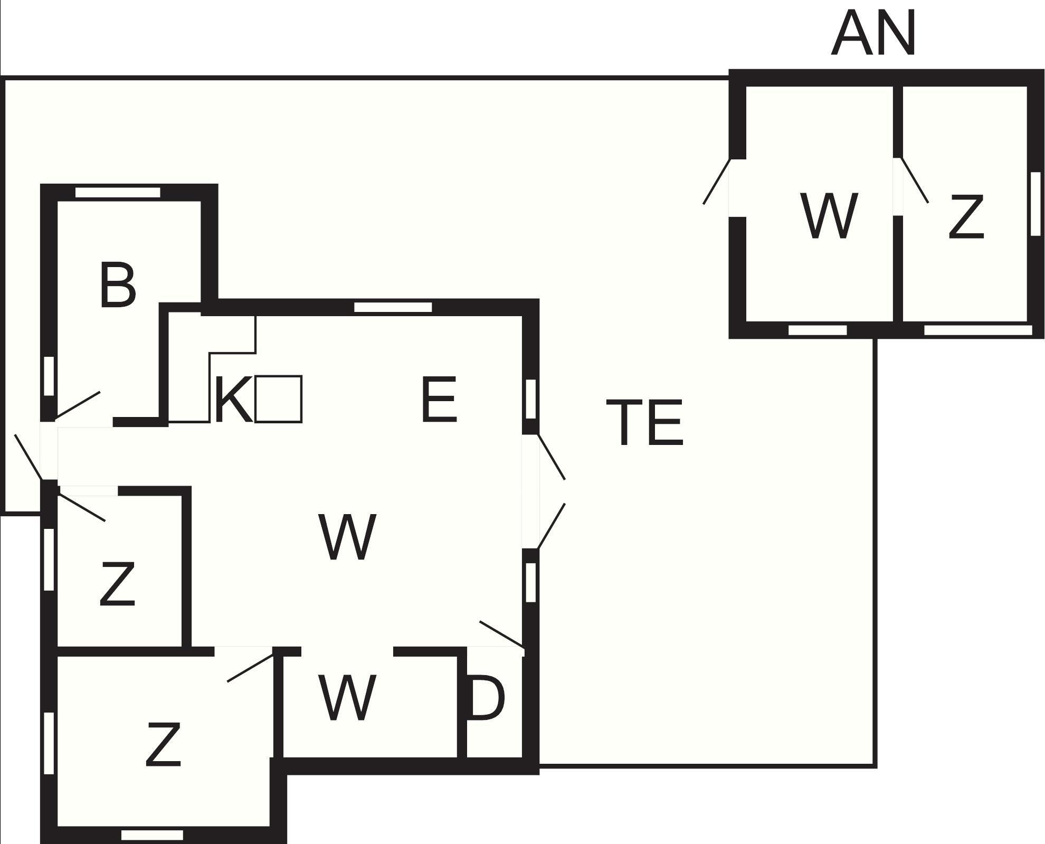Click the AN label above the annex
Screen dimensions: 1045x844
[873, 34]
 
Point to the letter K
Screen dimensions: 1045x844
[233, 400]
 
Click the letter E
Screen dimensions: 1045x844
[439, 400]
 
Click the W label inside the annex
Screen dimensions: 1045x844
[829, 215]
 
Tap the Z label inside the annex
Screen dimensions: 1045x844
[966, 216]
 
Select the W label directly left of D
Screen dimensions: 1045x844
[347, 697]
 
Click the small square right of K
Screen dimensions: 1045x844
[279, 399]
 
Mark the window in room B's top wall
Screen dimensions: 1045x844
[118, 193]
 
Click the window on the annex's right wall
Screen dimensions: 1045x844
[1035, 204]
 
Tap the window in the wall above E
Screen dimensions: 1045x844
[393, 307]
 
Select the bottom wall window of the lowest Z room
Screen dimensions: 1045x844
[153, 835]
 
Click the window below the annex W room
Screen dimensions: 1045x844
[818, 330]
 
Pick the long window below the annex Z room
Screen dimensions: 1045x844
[978, 330]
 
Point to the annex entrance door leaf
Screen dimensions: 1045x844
[717, 182]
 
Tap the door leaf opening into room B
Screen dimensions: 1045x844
[78, 404]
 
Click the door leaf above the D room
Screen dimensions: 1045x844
[502, 634]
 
